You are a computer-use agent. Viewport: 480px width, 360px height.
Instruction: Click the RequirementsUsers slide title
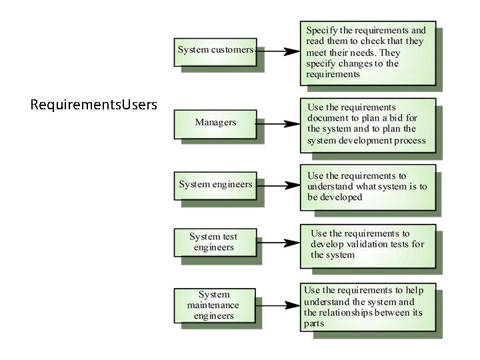pos(94,105)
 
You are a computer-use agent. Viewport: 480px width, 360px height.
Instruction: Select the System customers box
pos(215,51)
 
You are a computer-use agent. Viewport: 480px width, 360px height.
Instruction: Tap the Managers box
pos(215,123)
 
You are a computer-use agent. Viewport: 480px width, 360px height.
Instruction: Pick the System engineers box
pos(215,185)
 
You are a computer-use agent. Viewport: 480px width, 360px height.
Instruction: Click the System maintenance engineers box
pos(215,305)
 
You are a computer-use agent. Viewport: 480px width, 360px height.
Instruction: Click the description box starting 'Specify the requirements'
pos(367,53)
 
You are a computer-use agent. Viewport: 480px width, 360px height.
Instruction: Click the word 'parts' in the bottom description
pos(314,323)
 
